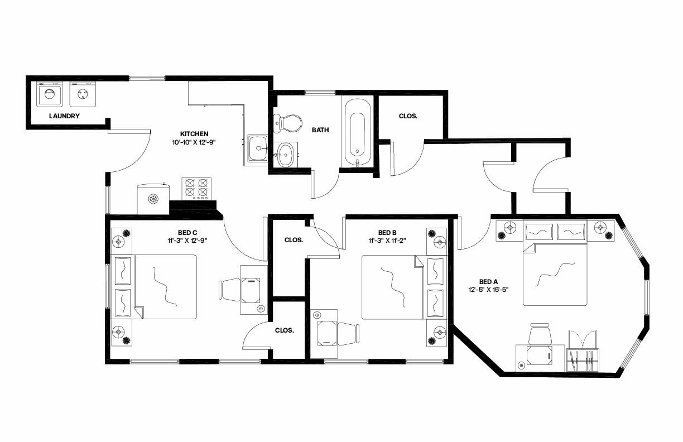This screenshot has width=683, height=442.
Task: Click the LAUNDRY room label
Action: tap(64, 116)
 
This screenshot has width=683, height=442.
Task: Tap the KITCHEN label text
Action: tap(194, 134)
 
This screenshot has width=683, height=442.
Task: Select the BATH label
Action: tap(320, 130)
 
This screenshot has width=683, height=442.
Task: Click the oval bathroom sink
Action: tap(286, 154)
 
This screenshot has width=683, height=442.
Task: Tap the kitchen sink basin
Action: tap(257, 148)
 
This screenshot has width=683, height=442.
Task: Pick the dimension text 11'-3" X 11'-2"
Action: tap(387, 241)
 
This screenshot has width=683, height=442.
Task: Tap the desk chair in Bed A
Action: tap(540, 335)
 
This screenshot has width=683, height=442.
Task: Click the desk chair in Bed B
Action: tap(348, 333)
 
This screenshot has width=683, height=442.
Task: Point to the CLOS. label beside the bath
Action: tap(408, 117)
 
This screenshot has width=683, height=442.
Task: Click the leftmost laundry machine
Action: tap(49, 94)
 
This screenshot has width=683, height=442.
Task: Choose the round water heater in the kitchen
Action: tap(153, 199)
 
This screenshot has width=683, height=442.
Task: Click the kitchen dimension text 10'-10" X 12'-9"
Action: tap(194, 142)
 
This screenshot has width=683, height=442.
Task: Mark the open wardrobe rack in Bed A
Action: tap(583, 353)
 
